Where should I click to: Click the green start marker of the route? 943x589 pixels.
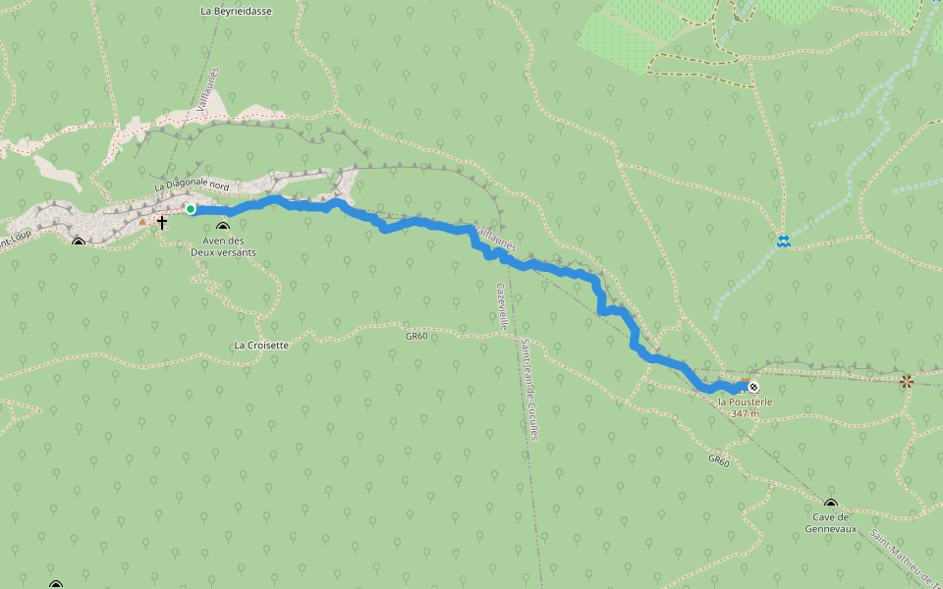191,209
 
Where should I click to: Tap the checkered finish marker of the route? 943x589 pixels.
753,387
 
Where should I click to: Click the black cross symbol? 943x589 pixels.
161,223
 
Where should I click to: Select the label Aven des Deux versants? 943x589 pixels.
223,246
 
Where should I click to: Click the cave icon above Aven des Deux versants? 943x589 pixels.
223,229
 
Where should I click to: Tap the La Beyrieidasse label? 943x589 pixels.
236,11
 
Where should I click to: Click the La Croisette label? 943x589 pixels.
262,346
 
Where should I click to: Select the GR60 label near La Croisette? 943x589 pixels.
416,336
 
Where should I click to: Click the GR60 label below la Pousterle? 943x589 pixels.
719,459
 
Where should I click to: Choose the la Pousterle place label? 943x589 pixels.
746,402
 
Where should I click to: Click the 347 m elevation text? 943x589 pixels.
746,414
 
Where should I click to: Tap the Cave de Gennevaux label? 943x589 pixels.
831,522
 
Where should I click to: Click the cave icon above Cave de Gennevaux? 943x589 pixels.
831,505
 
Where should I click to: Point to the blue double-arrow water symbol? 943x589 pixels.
783,241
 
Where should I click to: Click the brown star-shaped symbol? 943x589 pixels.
906,381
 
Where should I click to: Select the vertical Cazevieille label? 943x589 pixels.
502,305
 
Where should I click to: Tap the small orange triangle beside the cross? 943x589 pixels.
142,222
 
